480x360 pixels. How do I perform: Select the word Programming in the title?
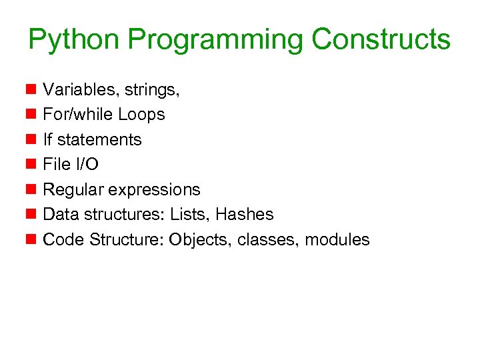click(215, 40)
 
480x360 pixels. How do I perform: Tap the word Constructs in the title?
click(381, 40)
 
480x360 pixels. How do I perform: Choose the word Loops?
click(141, 115)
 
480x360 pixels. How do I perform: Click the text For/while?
click(78, 115)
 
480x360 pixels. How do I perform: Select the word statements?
click(99, 139)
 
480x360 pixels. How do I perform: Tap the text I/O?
click(84, 165)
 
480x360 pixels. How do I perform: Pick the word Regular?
click(73, 189)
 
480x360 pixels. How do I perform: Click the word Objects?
click(197, 240)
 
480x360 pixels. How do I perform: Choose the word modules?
click(337, 240)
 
